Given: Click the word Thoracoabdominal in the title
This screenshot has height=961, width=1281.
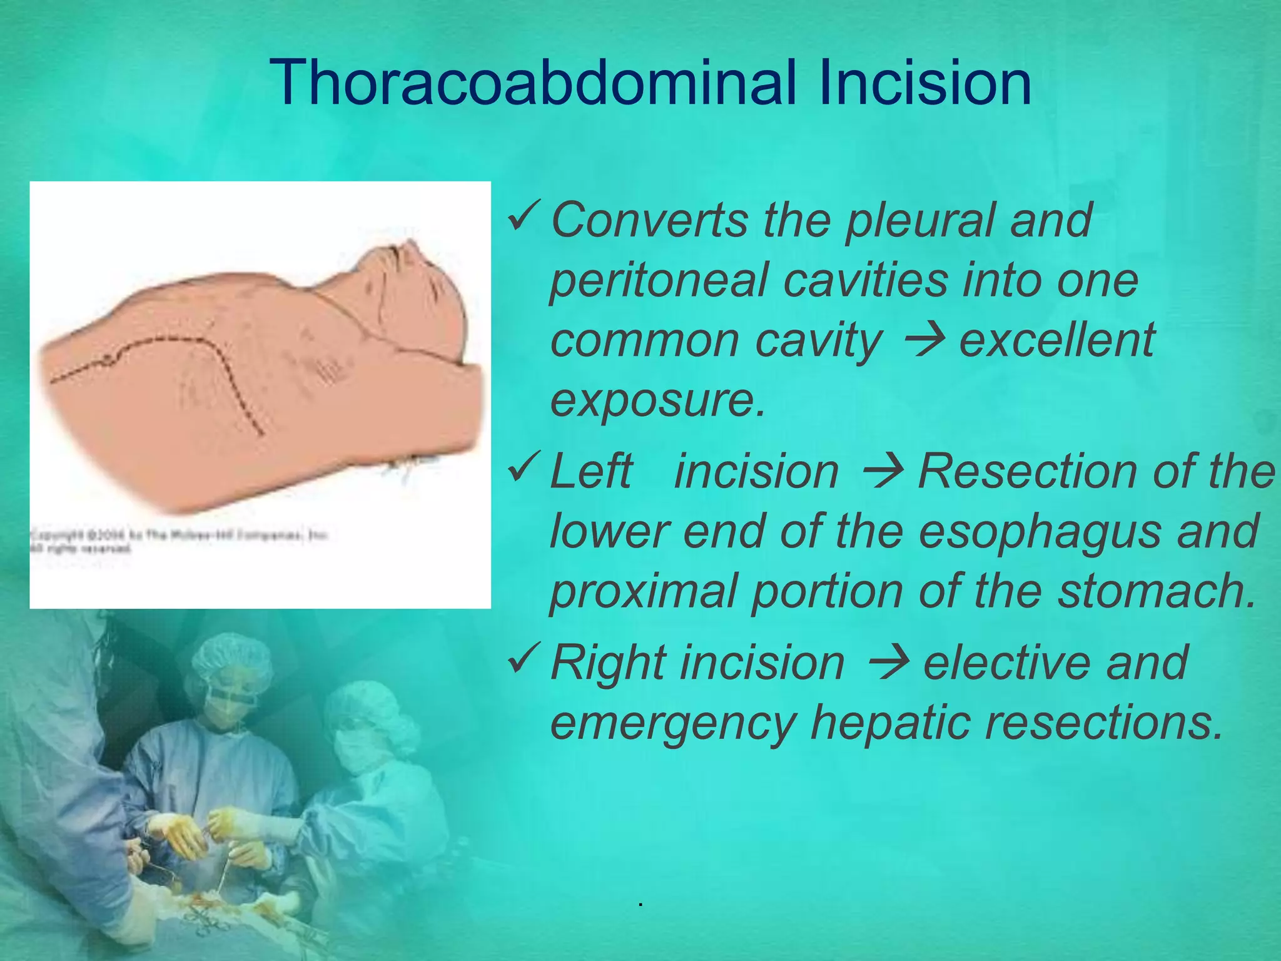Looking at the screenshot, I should [x=532, y=83].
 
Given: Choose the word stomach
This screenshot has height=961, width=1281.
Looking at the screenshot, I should [x=1157, y=592].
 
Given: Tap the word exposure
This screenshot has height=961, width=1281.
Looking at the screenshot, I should [x=657, y=400].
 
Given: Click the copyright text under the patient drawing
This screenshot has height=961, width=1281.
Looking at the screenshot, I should [x=178, y=541].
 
